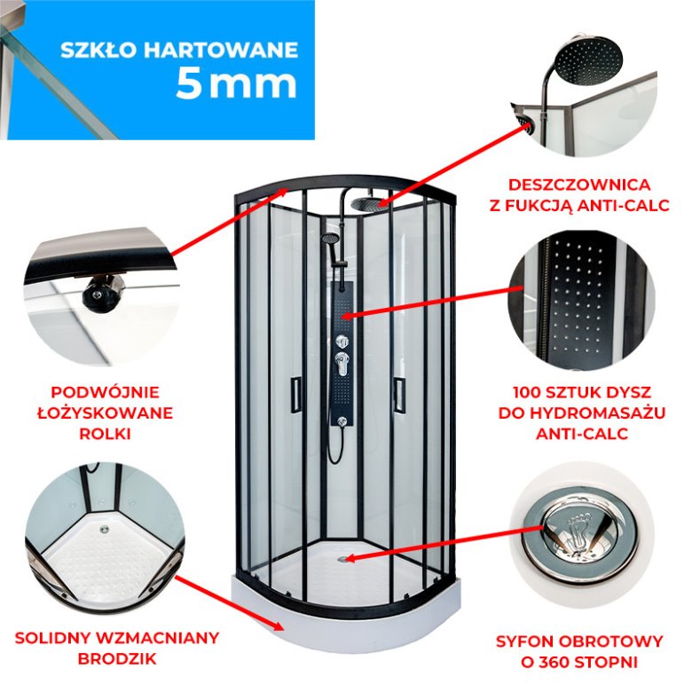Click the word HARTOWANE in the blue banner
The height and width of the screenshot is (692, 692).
coord(221,50)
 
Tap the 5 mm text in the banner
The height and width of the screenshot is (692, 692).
coord(237,84)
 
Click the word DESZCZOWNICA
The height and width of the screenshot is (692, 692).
coord(579,185)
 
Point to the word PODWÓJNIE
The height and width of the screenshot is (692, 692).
coord(105,392)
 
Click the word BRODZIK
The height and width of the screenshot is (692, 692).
coord(117,659)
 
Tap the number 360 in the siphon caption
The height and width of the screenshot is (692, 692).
coord(556,662)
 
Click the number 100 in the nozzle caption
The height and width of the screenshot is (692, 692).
coord(528,392)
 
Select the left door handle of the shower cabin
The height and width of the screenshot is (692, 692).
coord(295,395)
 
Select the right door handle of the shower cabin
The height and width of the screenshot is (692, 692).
coord(400,395)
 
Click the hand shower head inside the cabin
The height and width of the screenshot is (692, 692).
coord(329,239)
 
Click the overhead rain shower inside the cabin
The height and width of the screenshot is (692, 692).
coord(366,204)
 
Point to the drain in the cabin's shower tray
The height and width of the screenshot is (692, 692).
coord(343,559)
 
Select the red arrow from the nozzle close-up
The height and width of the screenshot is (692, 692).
coord(433,303)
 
